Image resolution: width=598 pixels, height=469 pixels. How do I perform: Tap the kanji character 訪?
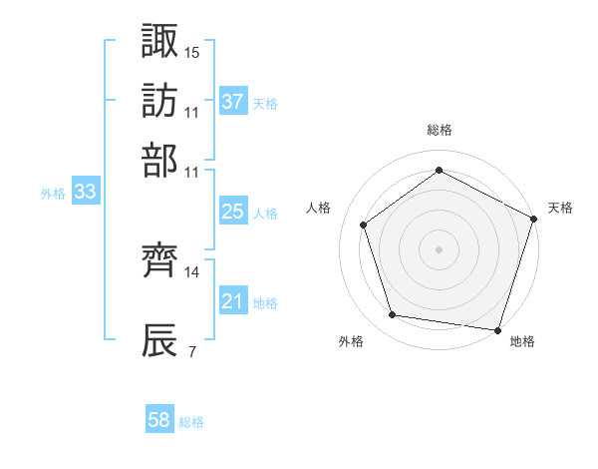[160, 101]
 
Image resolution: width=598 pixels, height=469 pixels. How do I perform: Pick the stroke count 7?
[191, 352]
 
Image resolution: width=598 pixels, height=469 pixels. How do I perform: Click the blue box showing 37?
[232, 101]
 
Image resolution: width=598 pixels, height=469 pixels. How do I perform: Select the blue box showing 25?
[232, 212]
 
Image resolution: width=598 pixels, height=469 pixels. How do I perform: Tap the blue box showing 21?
[232, 301]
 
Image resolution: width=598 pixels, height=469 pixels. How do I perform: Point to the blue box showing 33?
[85, 193]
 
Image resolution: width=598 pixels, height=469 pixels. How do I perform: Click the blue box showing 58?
[159, 421]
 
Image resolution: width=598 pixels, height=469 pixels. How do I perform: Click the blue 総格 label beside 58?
[191, 422]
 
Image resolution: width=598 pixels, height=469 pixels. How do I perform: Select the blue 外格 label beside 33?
[53, 194]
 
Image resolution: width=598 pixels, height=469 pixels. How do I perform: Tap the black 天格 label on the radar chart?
[560, 209]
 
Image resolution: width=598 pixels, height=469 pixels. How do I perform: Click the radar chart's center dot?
[439, 248]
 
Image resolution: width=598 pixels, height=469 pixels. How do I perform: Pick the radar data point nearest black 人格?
[364, 225]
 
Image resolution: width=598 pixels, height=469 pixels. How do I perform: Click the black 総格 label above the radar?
[440, 131]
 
